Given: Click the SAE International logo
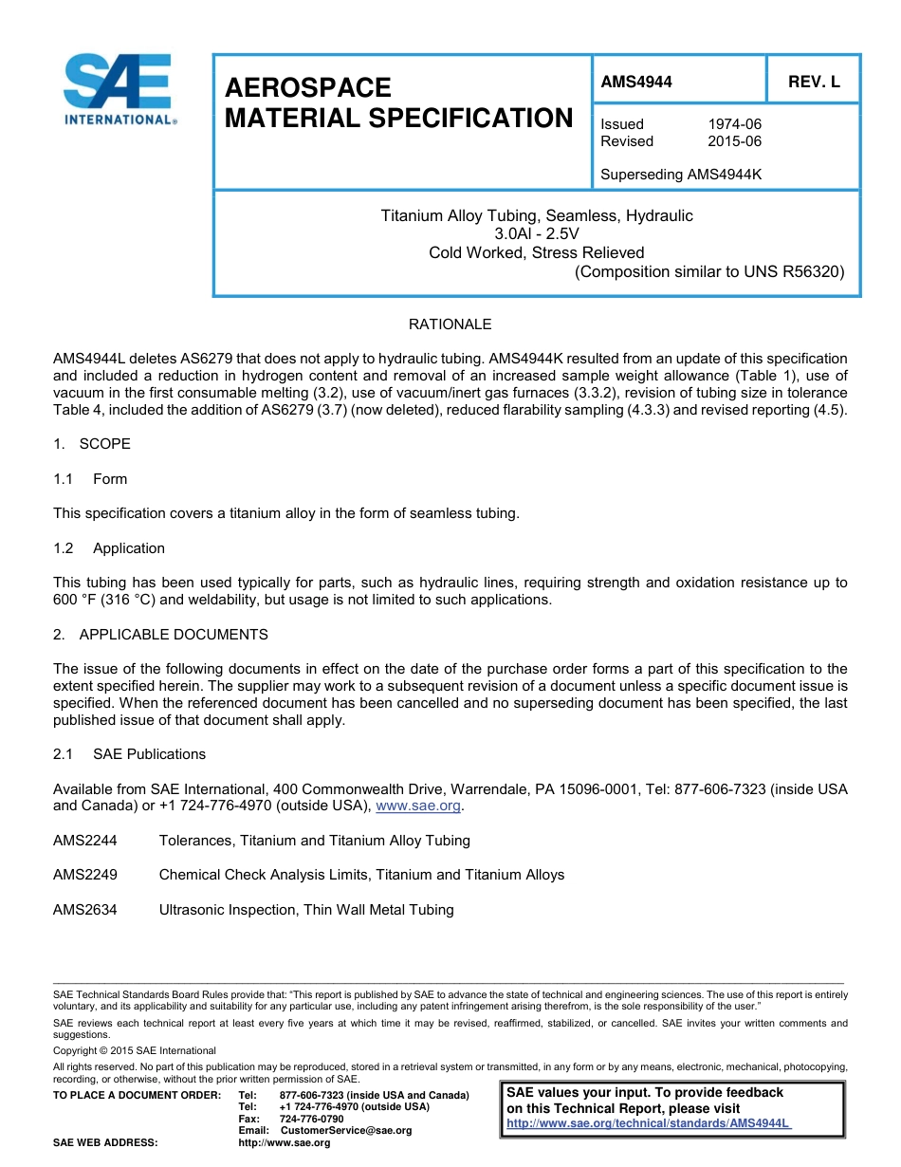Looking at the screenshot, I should pyautogui.click(x=118, y=90).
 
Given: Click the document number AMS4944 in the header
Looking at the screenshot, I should pyautogui.click(x=636, y=82).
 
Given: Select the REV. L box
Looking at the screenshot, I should pyautogui.click(x=814, y=82).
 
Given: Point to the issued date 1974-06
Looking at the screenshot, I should pyautogui.click(x=734, y=124).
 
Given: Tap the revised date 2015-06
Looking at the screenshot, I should pyautogui.click(x=734, y=141).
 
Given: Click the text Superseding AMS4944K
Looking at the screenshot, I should pyautogui.click(x=682, y=175).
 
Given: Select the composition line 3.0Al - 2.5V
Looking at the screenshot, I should pyautogui.click(x=537, y=233).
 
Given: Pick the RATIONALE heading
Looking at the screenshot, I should pyautogui.click(x=450, y=324).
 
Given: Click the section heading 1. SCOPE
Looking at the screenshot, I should pyautogui.click(x=92, y=444).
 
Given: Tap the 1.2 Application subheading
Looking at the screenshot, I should pyautogui.click(x=109, y=548).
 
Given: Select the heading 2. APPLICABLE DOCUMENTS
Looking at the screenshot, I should pyautogui.click(x=160, y=634).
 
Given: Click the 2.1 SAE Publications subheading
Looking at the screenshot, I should pyautogui.click(x=129, y=754).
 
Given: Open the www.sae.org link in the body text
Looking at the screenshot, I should pyautogui.click(x=418, y=806).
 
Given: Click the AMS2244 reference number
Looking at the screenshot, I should pyautogui.click(x=85, y=841).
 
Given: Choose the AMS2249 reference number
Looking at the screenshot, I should pyautogui.click(x=85, y=875).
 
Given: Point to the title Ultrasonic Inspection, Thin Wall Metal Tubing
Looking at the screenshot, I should pyautogui.click(x=306, y=910).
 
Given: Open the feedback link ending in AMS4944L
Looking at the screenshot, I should pyautogui.click(x=649, y=1123).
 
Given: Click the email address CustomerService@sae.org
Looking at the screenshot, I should pyautogui.click(x=346, y=1130).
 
